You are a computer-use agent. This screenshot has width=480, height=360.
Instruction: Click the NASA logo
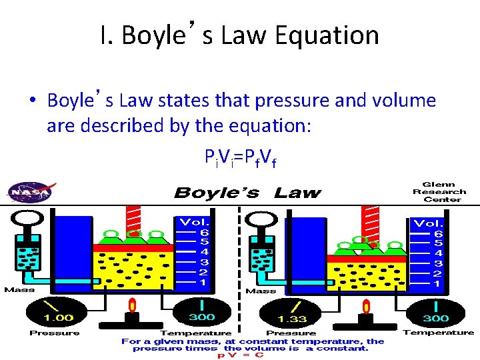click(x=29, y=192)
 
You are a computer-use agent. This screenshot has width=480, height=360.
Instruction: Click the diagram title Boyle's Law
click(x=247, y=194)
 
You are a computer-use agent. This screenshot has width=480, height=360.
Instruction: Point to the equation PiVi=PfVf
click(x=241, y=158)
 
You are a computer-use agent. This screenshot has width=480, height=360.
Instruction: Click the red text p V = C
click(x=241, y=355)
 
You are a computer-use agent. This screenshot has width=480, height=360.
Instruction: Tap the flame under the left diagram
click(x=132, y=305)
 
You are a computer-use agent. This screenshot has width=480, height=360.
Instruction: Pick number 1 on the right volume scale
click(x=437, y=283)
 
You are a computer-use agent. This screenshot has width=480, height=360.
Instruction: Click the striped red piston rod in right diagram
click(x=369, y=220)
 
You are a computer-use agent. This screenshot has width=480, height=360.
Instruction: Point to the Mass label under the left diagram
click(x=19, y=289)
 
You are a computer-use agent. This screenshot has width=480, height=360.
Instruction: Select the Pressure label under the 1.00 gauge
click(x=55, y=333)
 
